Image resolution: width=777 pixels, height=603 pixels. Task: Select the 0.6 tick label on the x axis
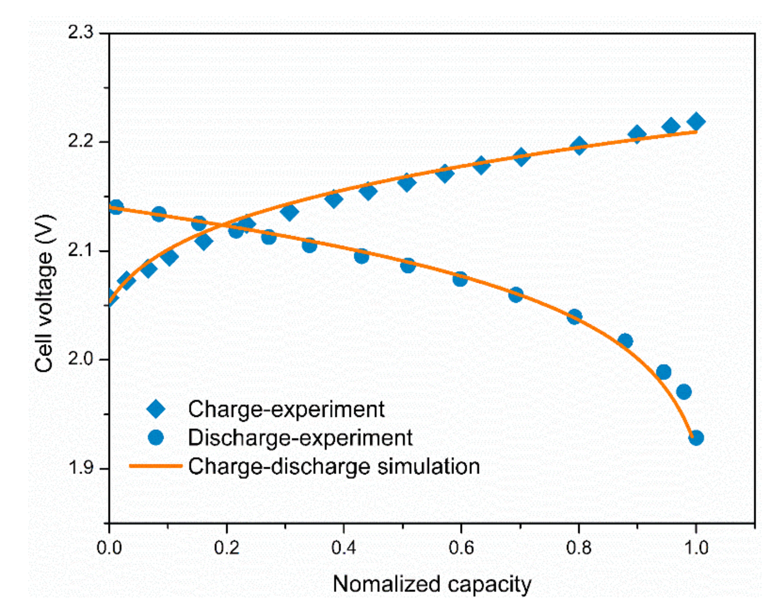coord(461,548)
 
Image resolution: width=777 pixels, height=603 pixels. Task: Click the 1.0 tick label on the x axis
coord(696,548)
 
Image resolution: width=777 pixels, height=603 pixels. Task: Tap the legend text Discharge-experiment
coord(300,437)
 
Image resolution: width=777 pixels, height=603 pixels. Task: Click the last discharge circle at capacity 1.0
coord(696,438)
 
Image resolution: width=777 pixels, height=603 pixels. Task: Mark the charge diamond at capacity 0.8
coord(579,146)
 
